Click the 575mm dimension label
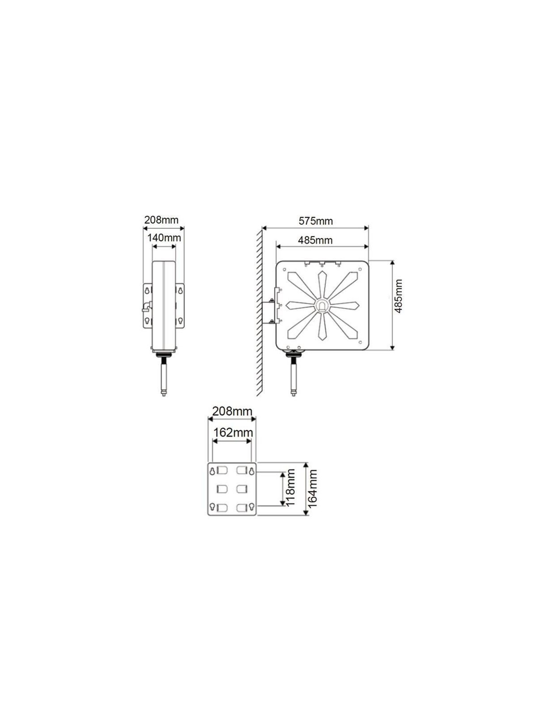click(x=315, y=221)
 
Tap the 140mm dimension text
click(x=164, y=238)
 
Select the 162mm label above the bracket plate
click(x=232, y=433)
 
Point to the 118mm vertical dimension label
click(x=290, y=487)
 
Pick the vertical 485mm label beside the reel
click(x=398, y=296)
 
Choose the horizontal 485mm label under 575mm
click(x=315, y=240)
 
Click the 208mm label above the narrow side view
click(x=161, y=220)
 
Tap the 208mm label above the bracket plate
click(x=232, y=411)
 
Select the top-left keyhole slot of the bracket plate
click(x=213, y=471)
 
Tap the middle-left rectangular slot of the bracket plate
click(x=222, y=489)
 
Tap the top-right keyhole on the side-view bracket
click(x=180, y=290)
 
